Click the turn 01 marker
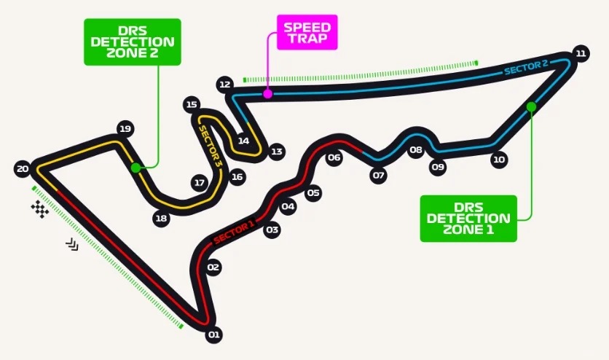click(213, 335)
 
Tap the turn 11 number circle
click(581, 53)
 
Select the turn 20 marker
click(23, 169)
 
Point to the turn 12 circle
click(224, 85)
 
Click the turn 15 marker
click(192, 104)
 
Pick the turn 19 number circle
click(125, 130)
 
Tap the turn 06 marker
click(334, 157)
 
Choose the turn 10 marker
click(499, 159)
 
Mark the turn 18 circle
click(162, 218)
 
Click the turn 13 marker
click(276, 152)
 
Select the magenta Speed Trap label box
click(307, 31)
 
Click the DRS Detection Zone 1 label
click(468, 218)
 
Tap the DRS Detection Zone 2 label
click(132, 42)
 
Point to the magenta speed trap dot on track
click(268, 94)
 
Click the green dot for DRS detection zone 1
click(531, 107)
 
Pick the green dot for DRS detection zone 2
click(135, 168)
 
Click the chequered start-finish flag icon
click(40, 209)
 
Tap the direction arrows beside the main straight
click(71, 244)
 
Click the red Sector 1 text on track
click(233, 231)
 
